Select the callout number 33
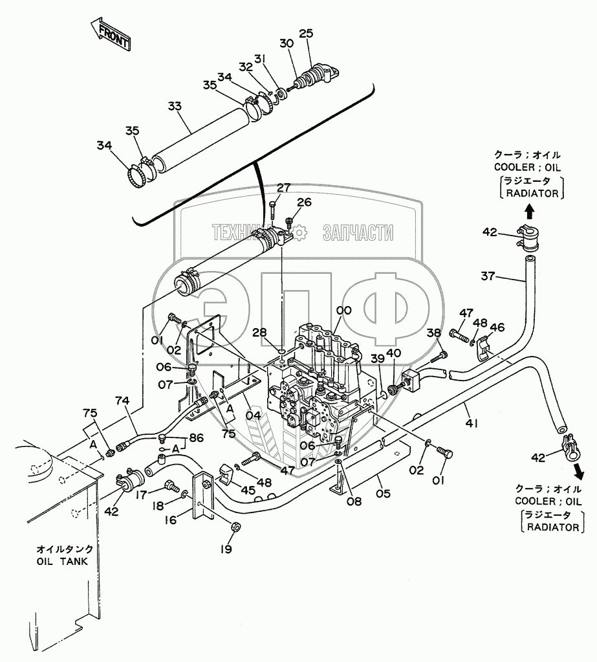point(175,105)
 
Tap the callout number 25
point(307,34)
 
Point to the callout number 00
point(344,311)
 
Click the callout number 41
point(472,422)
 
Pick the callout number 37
point(488,276)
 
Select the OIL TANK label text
point(63,562)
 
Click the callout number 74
point(122,400)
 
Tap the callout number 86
point(196,438)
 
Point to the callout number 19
point(226,549)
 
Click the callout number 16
point(171,520)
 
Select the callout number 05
point(383,492)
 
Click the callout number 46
point(497,327)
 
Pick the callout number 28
point(260,333)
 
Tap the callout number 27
point(283,188)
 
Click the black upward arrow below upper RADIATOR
point(530,211)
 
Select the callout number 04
point(254,415)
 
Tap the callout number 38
point(434,333)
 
